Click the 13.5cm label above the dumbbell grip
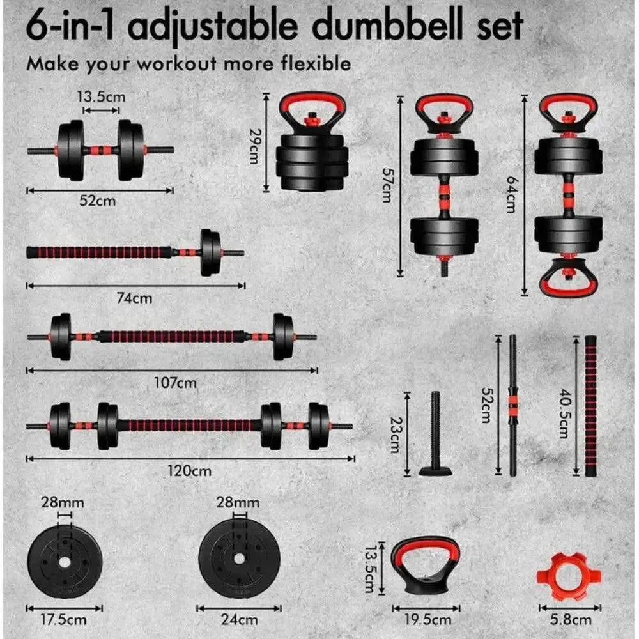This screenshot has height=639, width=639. click(x=101, y=97)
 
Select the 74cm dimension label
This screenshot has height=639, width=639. click(x=136, y=297)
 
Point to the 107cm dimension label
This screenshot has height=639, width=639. click(x=176, y=383)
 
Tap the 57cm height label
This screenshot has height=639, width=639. click(x=385, y=185)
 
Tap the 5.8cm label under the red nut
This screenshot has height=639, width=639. click(x=571, y=619)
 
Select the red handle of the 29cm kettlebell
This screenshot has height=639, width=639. click(x=312, y=101)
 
